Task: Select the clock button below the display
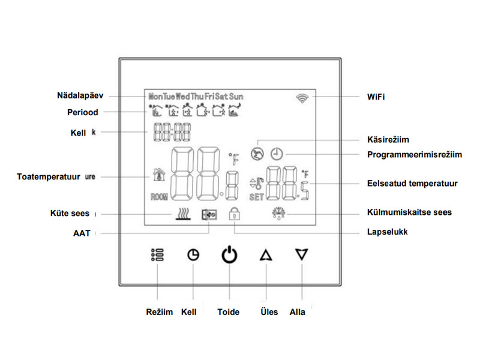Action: point(193,255)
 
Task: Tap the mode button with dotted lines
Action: point(157,255)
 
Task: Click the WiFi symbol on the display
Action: point(301,98)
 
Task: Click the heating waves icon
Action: point(182,214)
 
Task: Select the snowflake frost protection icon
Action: point(278,212)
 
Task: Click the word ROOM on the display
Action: point(159,197)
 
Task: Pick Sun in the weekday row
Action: point(237,96)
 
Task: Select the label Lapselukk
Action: point(387,231)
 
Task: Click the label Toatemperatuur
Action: point(49,177)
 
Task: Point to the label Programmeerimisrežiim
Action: point(415,155)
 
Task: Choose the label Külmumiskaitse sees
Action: point(409,212)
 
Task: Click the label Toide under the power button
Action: point(229,312)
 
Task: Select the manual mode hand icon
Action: point(257,153)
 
